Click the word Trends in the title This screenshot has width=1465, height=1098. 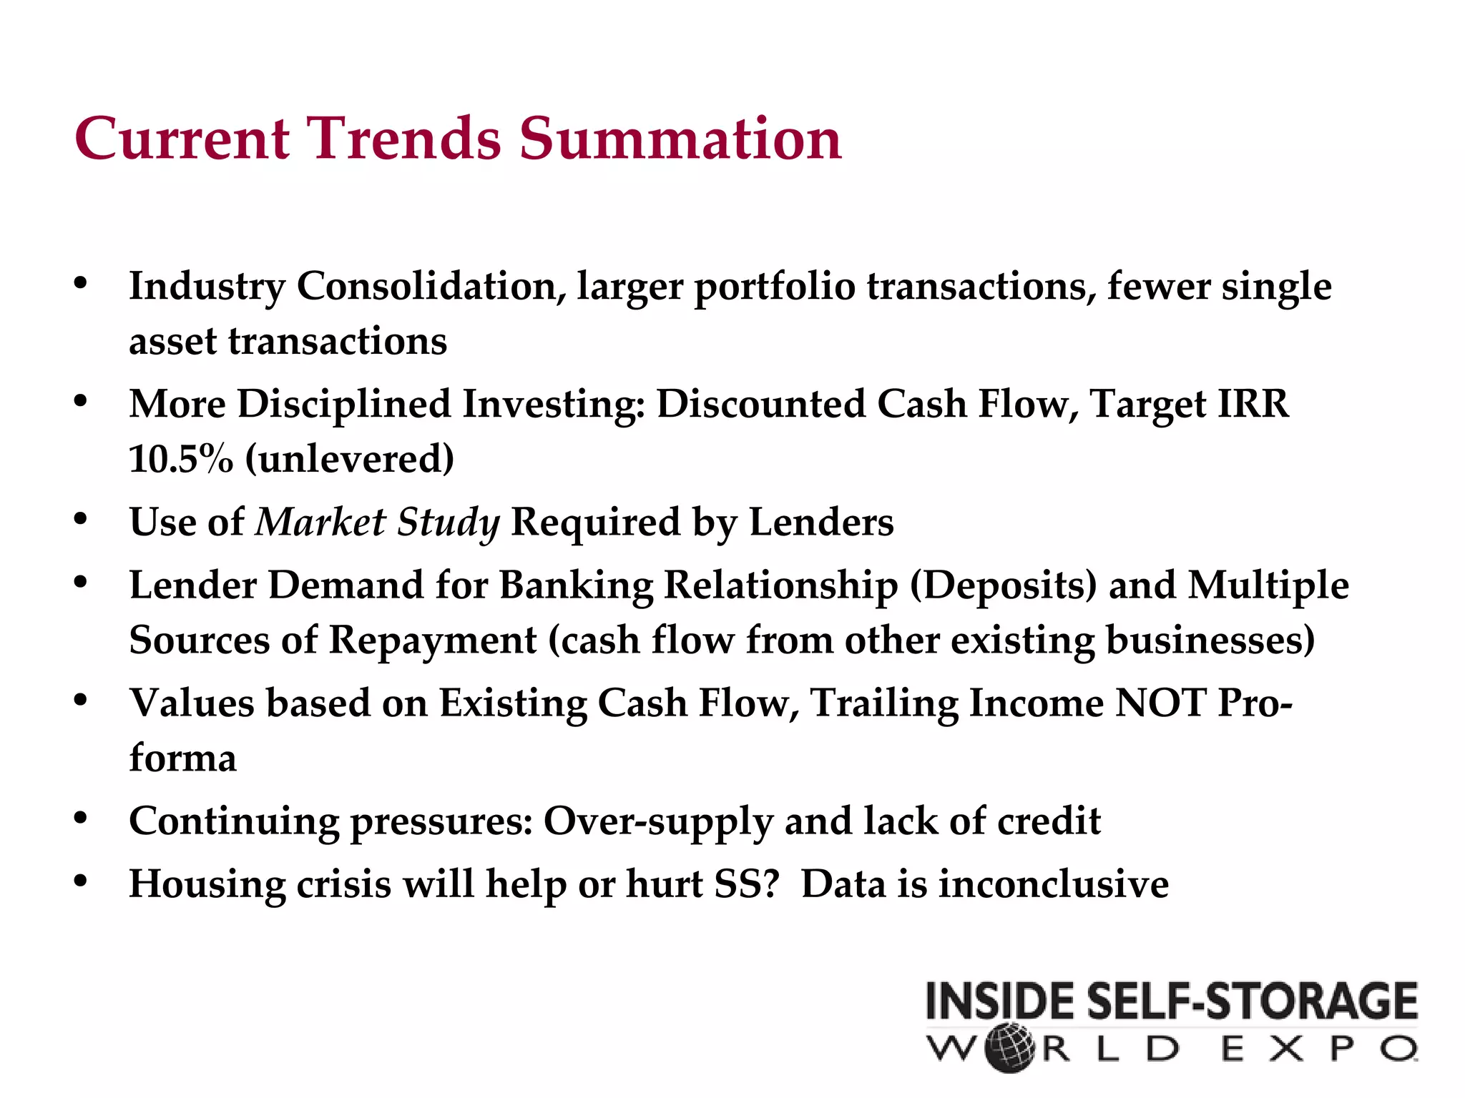[x=404, y=139]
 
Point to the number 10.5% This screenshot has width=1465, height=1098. [x=181, y=459]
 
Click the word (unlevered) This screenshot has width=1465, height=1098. [x=349, y=459]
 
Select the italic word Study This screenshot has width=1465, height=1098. [x=449, y=523]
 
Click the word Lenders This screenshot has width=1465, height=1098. [x=821, y=523]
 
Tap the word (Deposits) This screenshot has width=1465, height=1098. [x=1003, y=585]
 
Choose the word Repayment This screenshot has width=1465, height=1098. [x=432, y=640]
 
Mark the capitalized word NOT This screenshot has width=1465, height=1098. [x=1160, y=703]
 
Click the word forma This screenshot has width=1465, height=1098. [x=182, y=758]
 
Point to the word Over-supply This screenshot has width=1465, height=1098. [x=658, y=821]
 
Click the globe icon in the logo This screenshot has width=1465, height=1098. [x=1009, y=1049]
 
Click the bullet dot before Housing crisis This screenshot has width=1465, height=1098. [x=80, y=881]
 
